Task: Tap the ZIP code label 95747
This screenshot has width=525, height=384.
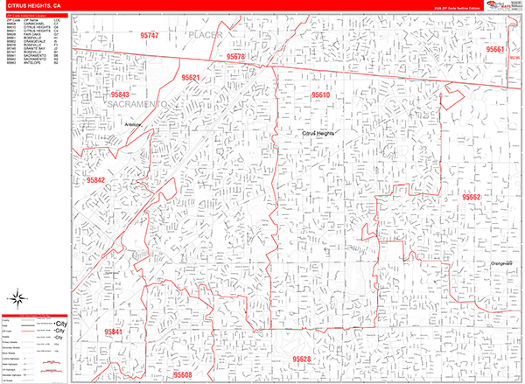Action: click(x=149, y=36)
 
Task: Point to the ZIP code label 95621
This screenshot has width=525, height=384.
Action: click(x=191, y=79)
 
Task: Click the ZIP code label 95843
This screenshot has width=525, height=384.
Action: click(x=120, y=94)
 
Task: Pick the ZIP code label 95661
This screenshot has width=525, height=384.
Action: click(x=496, y=50)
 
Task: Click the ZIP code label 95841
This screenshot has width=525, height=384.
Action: click(x=114, y=332)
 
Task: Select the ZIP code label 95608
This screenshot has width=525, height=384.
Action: click(x=182, y=374)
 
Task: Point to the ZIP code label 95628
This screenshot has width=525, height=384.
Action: click(x=302, y=360)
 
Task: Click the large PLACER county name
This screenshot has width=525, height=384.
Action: click(x=206, y=34)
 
